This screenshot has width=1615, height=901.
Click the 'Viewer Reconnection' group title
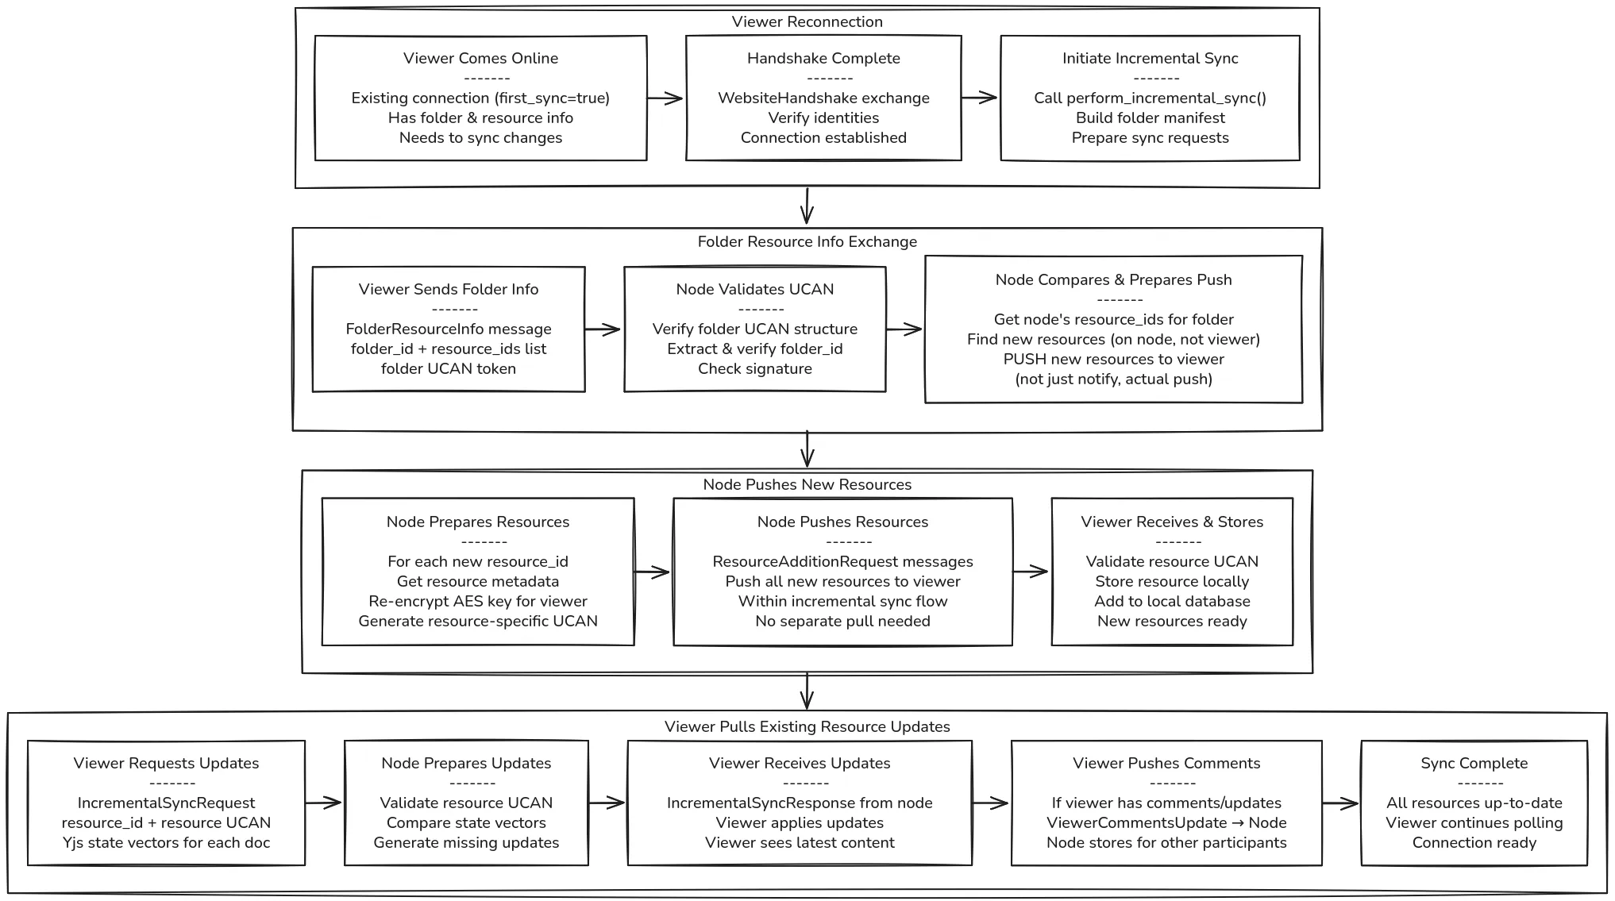pos(807,22)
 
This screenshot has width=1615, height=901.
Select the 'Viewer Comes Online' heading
pos(480,58)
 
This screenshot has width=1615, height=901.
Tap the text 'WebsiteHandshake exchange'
pos(823,98)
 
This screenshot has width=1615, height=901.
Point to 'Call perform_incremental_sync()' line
pos(1150,98)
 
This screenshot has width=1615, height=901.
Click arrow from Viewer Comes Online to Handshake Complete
pos(665,98)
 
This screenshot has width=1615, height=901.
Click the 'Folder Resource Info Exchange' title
pos(807,241)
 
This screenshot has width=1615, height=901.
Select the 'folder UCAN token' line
pos(448,368)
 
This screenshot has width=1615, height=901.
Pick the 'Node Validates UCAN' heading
pos(754,289)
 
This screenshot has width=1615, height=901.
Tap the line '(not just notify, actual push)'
pos(1113,379)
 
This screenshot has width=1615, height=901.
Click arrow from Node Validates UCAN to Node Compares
pos(904,329)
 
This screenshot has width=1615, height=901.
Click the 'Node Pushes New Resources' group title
pos(807,484)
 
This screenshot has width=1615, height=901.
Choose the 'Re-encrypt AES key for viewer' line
pos(477,601)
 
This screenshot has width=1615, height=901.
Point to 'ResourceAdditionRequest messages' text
pos(842,561)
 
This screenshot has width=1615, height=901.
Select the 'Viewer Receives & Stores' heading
pos(1171,522)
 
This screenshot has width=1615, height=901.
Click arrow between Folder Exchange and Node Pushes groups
pos(807,449)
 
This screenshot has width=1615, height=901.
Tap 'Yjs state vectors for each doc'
pos(166,842)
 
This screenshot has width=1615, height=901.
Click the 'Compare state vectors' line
pos(466,822)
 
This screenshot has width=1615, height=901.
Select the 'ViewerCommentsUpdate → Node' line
pos(1166,822)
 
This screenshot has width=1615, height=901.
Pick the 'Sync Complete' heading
pos(1474,763)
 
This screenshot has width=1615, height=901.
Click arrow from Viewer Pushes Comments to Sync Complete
pos(1340,803)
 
